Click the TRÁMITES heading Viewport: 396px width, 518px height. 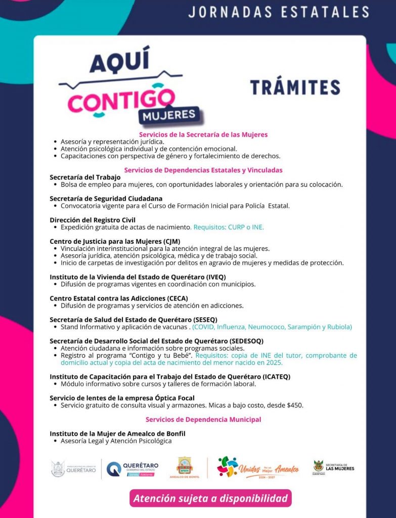coord(295,87)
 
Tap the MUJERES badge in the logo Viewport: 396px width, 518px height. coord(168,114)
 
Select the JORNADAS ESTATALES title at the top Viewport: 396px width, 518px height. coord(279,12)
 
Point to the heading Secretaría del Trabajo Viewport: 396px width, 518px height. coord(85,177)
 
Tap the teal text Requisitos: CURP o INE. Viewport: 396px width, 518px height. coord(229,227)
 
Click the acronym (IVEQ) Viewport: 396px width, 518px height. coord(216,277)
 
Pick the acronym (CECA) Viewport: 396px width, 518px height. coord(177,298)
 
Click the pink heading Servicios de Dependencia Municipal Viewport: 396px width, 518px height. coord(203,419)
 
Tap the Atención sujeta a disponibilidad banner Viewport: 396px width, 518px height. coord(210,498)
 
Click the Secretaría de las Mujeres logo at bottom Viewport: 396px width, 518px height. coord(333,467)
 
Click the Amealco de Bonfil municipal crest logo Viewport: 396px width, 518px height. coord(184,467)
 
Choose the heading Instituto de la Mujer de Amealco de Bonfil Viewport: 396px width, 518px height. coord(117,434)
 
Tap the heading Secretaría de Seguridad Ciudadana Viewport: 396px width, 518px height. coord(106,199)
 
